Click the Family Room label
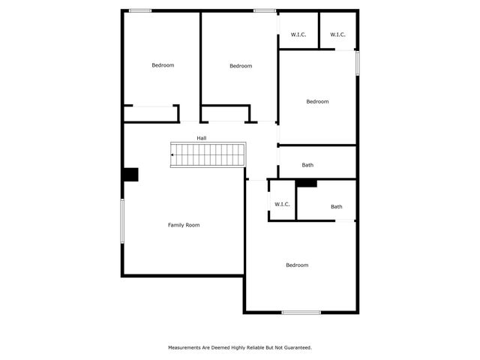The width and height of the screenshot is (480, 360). [184, 225]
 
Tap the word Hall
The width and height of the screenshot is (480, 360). [202, 138]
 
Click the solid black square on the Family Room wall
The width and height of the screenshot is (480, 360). [130, 174]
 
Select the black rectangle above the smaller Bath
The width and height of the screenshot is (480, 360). [307, 182]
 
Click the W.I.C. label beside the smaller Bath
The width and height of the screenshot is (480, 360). [282, 204]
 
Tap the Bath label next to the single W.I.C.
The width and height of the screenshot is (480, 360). [337, 207]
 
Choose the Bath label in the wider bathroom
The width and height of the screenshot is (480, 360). [307, 165]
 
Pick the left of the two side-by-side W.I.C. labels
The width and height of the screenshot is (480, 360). [298, 34]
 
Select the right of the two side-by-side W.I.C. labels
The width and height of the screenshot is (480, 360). [337, 34]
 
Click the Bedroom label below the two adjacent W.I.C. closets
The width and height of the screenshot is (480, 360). [317, 101]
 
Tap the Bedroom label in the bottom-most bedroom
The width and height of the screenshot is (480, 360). [297, 265]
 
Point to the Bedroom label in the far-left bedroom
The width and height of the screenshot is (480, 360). [163, 65]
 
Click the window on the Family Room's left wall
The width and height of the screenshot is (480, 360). [122, 220]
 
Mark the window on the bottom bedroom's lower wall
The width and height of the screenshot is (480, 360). [301, 312]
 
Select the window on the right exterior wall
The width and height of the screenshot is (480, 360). [357, 62]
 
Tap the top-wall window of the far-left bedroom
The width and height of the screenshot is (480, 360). [140, 10]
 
